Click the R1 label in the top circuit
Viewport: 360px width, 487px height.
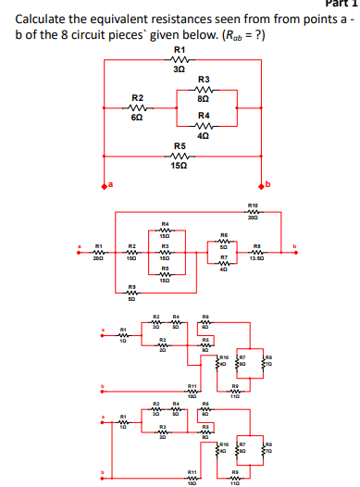[180, 49]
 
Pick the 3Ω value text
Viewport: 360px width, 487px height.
[180, 69]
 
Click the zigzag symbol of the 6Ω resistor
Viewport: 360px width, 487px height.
[137, 107]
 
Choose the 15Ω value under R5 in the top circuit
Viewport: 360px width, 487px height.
[180, 165]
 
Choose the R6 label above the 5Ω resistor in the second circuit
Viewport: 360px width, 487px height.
[223, 236]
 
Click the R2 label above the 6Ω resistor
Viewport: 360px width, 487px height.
[137, 97]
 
